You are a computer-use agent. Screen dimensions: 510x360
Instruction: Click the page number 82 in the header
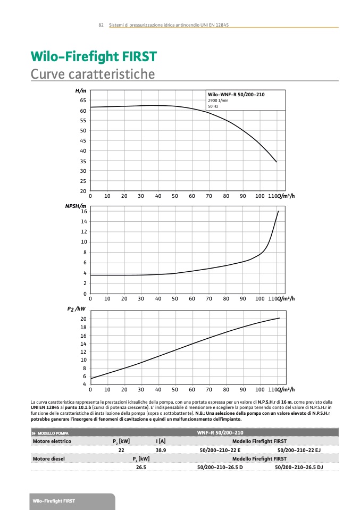[101, 25]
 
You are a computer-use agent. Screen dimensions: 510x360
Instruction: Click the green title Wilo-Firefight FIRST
[94, 57]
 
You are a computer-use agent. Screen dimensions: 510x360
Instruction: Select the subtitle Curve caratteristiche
[93, 73]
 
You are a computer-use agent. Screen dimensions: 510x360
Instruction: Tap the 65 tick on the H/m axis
[83, 100]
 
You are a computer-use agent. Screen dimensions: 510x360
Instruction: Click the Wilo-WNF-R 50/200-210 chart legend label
[236, 94]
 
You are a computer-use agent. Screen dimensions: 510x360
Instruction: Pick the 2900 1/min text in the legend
[218, 100]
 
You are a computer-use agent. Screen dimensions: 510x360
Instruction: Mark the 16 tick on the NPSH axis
[83, 211]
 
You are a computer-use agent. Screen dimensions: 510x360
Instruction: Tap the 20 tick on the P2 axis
[83, 319]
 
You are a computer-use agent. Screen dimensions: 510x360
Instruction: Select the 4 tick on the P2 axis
[84, 384]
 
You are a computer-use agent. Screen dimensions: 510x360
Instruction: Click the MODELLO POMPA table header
[53, 433]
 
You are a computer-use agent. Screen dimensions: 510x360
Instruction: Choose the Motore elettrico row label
[52, 441]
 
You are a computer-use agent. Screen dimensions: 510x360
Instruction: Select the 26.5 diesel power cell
[141, 467]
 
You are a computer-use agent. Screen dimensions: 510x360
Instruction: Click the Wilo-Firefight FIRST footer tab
[54, 501]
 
